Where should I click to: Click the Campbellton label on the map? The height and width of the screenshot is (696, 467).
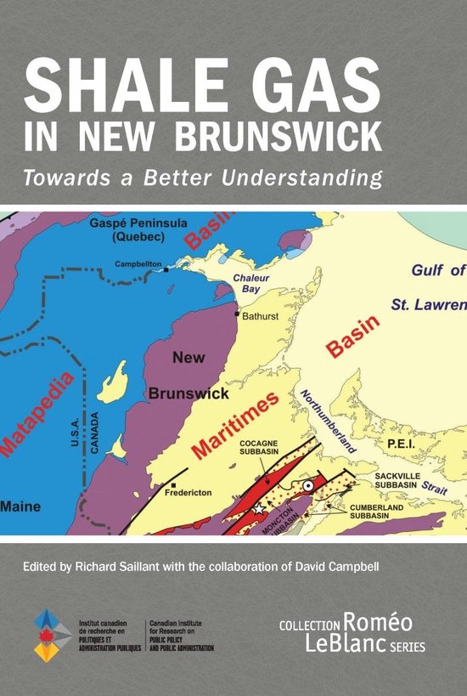(139, 264)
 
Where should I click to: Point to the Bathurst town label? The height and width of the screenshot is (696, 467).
(262, 315)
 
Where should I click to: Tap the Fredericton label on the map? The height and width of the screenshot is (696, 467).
(194, 490)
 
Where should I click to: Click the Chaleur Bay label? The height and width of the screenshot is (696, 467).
(252, 285)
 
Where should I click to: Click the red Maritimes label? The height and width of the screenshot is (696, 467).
(234, 418)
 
